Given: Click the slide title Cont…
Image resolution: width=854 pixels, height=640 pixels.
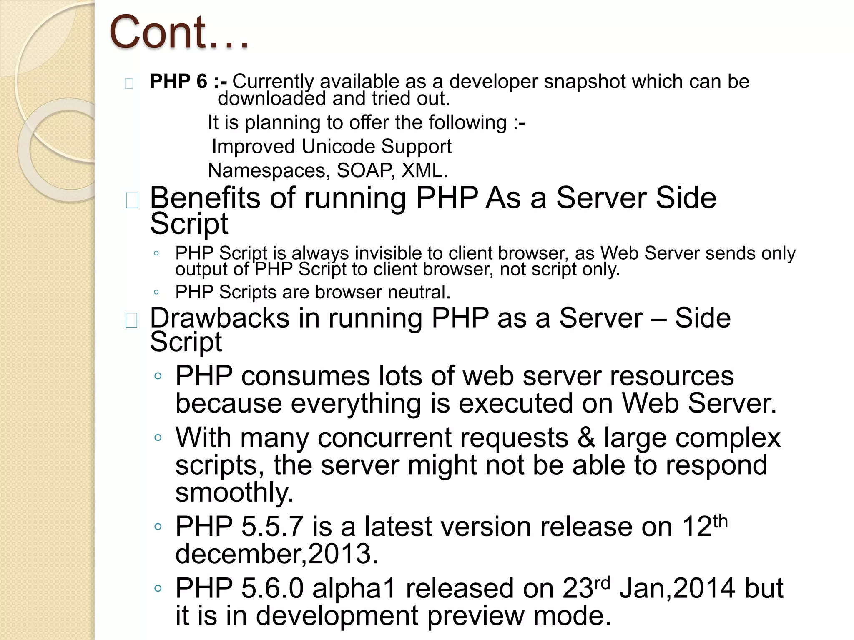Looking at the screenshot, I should coord(179,32).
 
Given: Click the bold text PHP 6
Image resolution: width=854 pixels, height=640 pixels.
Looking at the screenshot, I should coord(178,81).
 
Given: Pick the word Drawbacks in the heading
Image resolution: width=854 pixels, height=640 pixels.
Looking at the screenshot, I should coord(219,318).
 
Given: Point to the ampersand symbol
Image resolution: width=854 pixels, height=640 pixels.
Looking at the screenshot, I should coord(586,438).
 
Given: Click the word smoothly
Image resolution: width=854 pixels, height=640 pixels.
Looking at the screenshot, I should coord(234,492).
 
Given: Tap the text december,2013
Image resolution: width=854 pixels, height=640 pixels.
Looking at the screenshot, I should coord(276,554).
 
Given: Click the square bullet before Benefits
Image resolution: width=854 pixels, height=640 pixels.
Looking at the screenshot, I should coord(132,200).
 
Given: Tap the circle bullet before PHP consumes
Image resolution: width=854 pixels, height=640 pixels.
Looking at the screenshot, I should coord(158,376).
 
